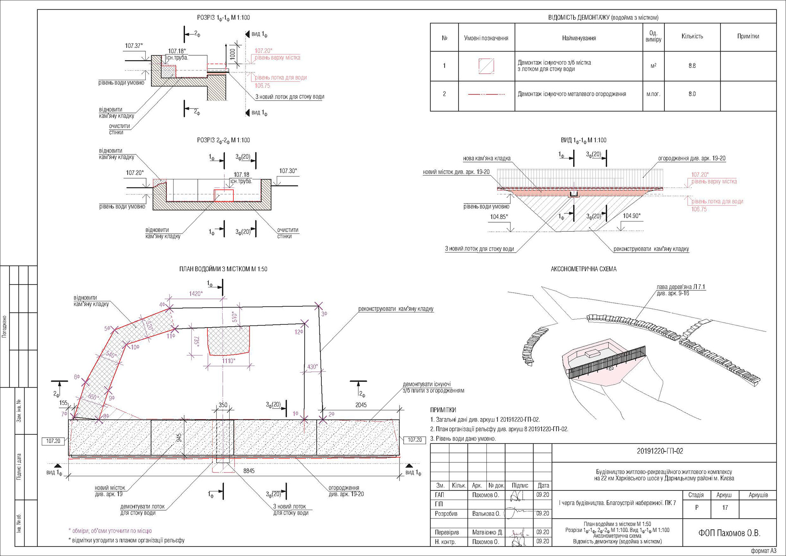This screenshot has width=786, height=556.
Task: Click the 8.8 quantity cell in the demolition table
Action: [692, 66]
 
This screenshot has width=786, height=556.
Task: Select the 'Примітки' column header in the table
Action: [748, 36]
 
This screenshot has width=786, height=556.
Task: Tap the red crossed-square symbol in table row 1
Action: [486, 66]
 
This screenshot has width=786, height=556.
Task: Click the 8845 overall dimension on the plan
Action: [249, 471]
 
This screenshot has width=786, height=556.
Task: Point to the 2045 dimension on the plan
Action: [361, 405]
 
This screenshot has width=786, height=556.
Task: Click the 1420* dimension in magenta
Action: [195, 294]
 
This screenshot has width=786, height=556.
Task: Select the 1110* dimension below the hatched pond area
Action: [228, 361]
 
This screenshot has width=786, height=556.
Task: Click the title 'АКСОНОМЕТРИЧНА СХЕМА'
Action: [583, 269]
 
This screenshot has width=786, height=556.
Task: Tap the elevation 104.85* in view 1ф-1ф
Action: [499, 217]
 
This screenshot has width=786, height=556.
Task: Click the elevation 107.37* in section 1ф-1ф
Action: [134, 45]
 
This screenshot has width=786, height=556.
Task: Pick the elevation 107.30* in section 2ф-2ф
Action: [288, 171]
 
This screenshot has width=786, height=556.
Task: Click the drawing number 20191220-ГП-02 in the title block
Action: [660, 451]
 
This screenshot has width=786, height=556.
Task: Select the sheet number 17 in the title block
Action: [725, 508]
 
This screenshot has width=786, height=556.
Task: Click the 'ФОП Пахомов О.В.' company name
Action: [729, 533]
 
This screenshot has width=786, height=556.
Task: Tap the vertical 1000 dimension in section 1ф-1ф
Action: [233, 54]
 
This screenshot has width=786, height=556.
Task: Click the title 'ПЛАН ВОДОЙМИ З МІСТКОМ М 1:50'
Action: [223, 269]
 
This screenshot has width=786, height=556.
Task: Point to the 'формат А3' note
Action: [763, 551]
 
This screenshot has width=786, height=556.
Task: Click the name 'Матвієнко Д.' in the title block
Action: [487, 532]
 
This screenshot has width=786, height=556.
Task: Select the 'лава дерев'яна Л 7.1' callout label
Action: [681, 287]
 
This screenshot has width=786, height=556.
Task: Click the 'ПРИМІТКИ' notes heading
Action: [443, 410]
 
